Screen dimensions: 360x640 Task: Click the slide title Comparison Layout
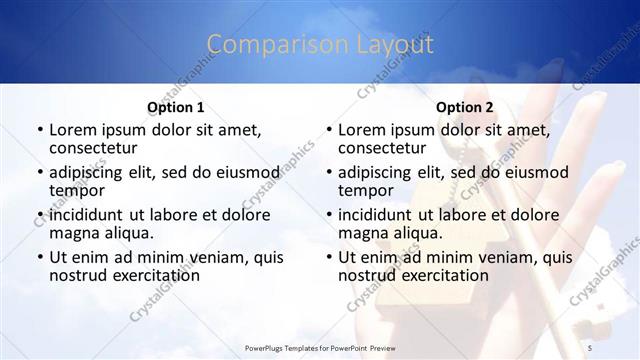coord(320,45)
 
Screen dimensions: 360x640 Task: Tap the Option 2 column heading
coord(465,107)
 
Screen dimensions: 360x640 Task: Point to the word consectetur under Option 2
coord(385,148)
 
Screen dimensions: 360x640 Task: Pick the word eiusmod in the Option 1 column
coord(250,172)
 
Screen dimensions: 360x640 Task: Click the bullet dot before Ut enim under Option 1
coord(39,257)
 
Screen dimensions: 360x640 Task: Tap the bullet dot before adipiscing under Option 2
coord(328,172)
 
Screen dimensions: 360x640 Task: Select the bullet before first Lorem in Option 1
coord(39,130)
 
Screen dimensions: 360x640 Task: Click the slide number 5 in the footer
coord(591,347)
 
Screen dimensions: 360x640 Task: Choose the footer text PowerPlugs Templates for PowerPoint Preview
coord(320,347)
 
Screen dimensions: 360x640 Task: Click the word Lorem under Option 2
coord(363,130)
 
